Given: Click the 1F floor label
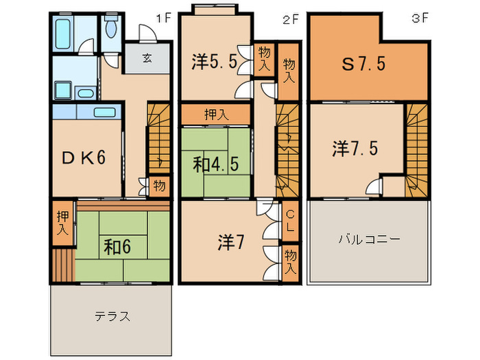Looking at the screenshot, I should coord(163,19).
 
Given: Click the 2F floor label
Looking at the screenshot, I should coord(291,19).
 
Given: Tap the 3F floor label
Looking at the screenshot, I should coord(420,19).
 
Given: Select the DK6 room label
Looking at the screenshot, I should coord(84,158).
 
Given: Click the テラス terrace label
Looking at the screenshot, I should coord(112,316).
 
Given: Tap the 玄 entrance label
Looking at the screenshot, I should coord(147,58).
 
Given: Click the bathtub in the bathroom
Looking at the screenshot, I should coord(64,32).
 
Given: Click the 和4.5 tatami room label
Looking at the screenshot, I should coord(215,165).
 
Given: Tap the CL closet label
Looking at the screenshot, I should coord(290,219).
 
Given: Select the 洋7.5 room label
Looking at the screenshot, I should coord(357,149).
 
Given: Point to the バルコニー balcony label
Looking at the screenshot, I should coord(369,240).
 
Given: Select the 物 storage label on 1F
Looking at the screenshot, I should coord(159,186).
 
